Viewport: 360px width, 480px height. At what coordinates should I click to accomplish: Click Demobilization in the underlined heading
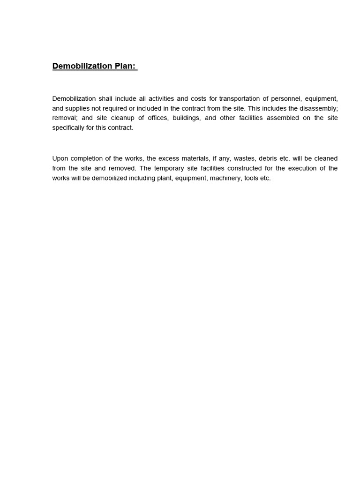coord(82,66)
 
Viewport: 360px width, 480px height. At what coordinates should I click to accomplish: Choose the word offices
coord(157,118)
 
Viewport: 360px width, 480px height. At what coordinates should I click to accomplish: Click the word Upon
coord(60,158)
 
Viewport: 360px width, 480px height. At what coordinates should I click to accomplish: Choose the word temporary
coord(168,168)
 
